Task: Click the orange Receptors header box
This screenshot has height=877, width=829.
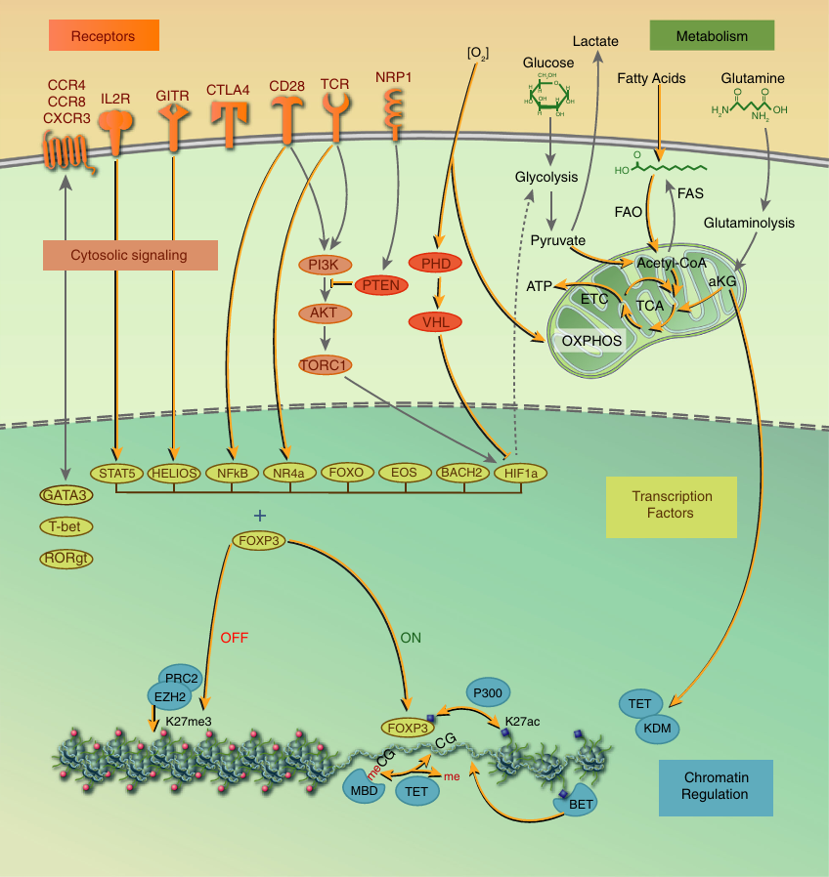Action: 105,37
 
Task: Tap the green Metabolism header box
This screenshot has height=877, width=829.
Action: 712,36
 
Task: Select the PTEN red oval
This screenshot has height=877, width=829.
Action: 381,285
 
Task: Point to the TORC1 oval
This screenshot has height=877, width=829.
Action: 325,364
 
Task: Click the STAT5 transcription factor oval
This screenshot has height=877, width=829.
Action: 116,473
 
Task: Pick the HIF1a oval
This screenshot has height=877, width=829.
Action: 521,474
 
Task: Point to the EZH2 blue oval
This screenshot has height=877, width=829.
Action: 169,695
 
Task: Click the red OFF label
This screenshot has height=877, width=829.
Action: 235,637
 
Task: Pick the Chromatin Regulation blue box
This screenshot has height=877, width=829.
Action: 715,786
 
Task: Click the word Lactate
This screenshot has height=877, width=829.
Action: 595,41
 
